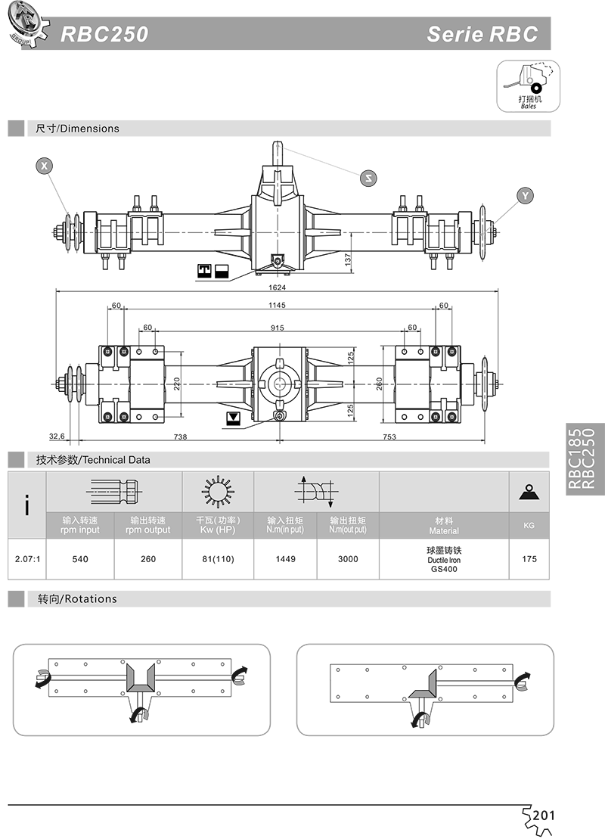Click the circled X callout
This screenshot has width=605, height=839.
44,166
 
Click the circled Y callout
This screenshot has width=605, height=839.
525,196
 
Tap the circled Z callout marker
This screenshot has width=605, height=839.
368,179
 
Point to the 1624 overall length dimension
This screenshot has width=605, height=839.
277,287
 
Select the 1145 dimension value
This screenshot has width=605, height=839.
277,305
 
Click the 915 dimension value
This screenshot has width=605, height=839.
277,328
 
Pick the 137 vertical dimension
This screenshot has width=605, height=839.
348,259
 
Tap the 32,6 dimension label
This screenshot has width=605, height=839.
57,436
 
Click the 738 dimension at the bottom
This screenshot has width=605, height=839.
180,437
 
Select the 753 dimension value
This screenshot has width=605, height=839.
389,437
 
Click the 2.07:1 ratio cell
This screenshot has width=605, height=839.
27,559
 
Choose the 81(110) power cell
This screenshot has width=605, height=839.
219,559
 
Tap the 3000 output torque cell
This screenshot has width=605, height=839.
348,559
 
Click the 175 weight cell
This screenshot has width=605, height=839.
529,559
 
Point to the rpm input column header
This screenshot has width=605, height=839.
79,526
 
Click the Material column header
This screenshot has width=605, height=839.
444,526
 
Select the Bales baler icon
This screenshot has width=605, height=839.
528,86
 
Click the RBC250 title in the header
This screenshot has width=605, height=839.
104,34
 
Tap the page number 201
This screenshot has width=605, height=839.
544,816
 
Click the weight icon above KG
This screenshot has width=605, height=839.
529,492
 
